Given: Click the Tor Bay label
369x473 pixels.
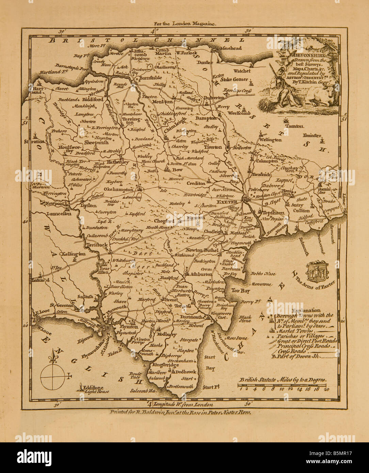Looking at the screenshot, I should click(241, 291).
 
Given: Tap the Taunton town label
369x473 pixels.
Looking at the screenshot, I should click(294, 126).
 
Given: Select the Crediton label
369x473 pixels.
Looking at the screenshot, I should click(196, 183).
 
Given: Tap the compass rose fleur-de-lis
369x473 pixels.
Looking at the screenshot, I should click(53, 357).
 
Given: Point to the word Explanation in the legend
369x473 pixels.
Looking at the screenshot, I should click(306, 310).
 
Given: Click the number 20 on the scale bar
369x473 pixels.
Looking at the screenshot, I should click(326, 389).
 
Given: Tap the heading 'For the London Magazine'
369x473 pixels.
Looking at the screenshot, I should click(184, 24).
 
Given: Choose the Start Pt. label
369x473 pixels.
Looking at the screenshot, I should click(210, 387).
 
